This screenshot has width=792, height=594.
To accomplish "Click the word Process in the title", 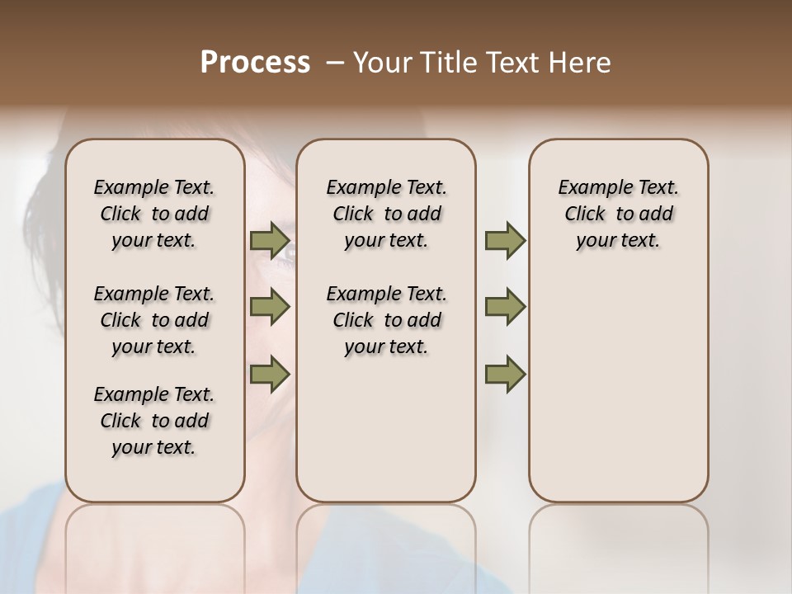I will pos(255,62).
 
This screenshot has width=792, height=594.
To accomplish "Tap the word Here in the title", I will pos(581,63).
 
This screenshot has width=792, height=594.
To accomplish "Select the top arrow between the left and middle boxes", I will pos(270,241).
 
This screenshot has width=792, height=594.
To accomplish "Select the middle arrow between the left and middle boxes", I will pos(270,308).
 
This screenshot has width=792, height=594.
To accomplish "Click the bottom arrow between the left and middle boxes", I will pos(270,374).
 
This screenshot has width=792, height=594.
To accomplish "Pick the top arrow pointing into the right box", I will pos(505,241).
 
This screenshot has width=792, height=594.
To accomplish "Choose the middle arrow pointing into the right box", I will pos(505,308).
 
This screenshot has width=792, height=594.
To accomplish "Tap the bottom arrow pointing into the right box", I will pos(505,374).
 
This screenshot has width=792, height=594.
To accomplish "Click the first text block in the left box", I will pos(154,214).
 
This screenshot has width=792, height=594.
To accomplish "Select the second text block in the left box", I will pos(154,320).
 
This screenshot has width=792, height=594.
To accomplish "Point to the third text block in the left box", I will pos(154,421).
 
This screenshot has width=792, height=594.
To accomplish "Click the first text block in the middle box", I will pos(386,214).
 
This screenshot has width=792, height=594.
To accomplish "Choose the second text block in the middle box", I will pos(386,320).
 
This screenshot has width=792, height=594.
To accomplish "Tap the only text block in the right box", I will pos(618,214).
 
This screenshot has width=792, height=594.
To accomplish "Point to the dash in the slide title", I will pos(335,63).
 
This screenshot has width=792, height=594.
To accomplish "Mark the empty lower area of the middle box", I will pos(386,429).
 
